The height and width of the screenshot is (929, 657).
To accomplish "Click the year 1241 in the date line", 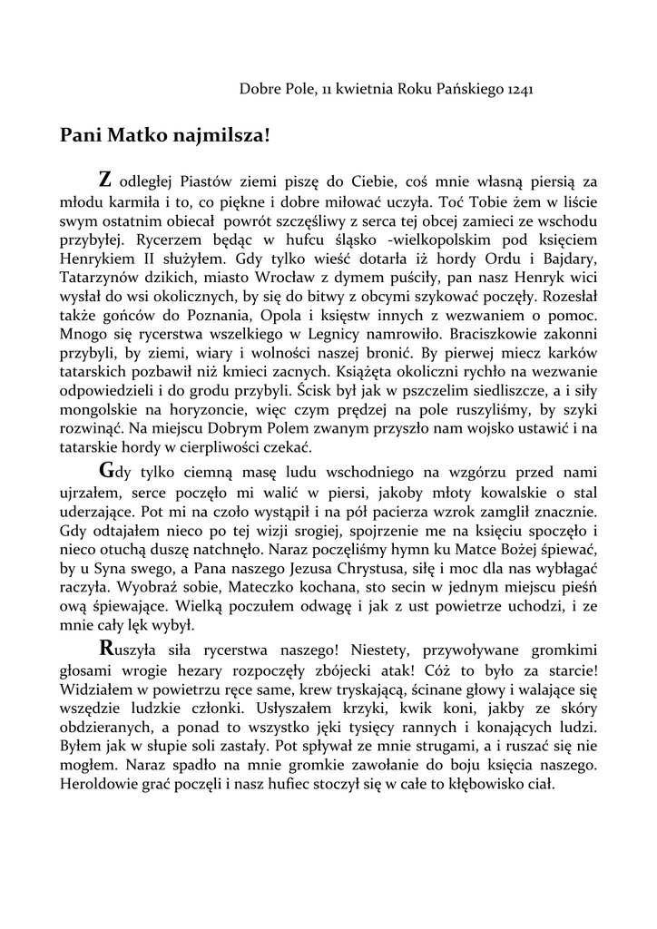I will (x=515, y=90).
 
